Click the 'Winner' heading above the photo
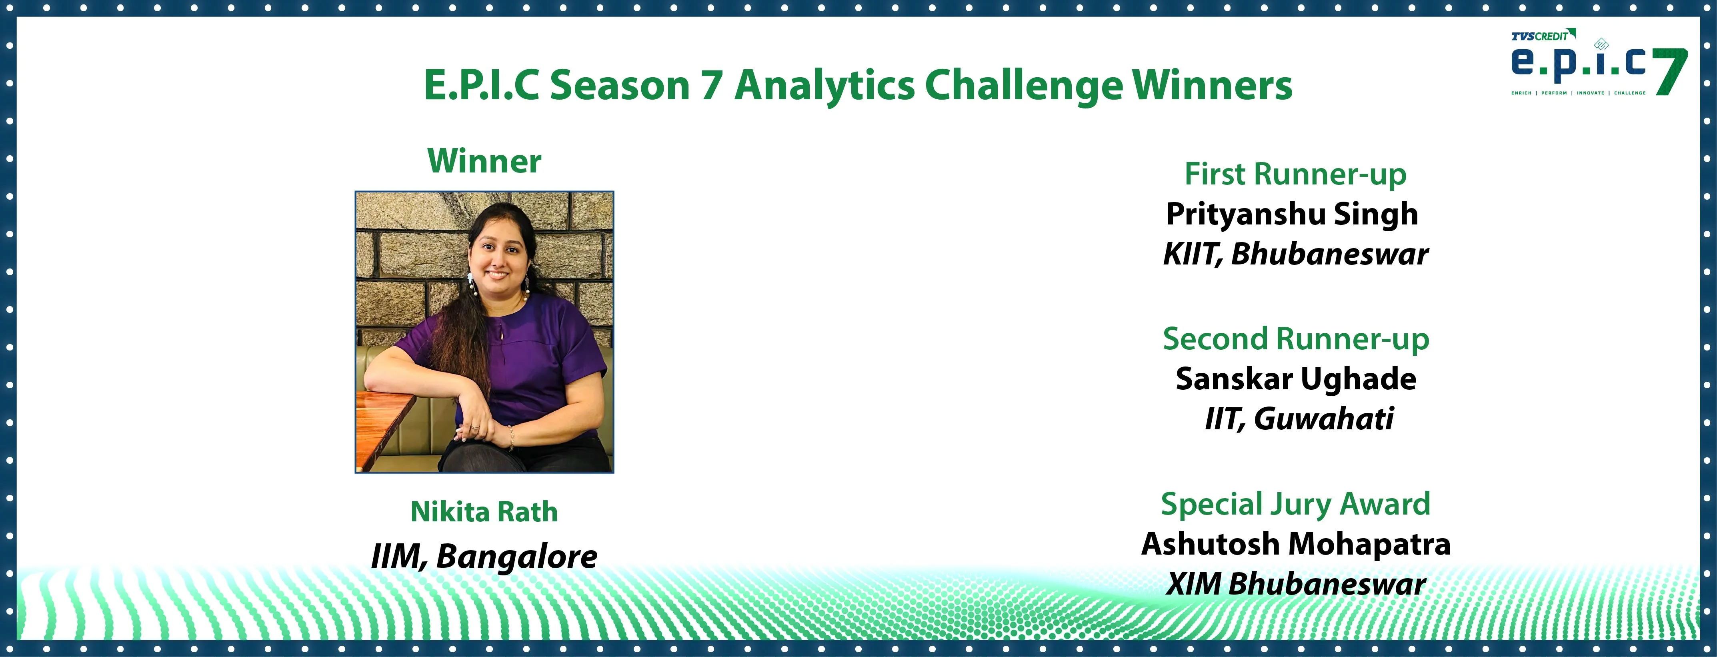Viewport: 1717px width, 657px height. click(x=484, y=161)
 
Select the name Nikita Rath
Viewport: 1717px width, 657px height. click(x=484, y=512)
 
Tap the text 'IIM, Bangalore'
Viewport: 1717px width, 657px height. click(x=484, y=557)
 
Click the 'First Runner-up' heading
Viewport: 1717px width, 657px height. click(x=1295, y=174)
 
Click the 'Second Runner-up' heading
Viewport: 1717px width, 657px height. click(x=1296, y=340)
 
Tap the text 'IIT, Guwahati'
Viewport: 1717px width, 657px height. click(x=1299, y=419)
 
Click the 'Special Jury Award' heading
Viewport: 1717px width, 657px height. click(x=1296, y=505)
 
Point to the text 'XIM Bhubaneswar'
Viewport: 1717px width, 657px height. click(x=1296, y=584)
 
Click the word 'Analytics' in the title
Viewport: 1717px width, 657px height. click(x=824, y=86)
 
